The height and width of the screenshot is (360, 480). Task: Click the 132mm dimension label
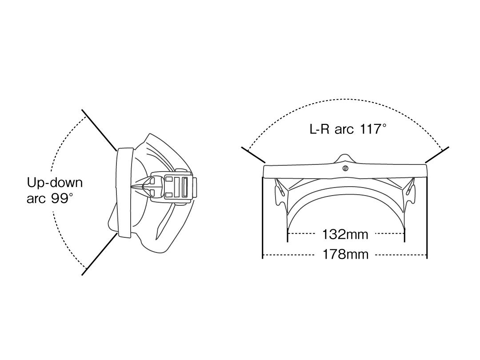coord(345,234)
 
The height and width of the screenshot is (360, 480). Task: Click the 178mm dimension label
coord(345,255)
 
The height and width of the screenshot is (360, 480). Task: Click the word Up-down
coord(55,183)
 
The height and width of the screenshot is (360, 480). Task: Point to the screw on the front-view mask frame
coord(345,168)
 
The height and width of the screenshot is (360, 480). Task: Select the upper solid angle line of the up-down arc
coord(99,129)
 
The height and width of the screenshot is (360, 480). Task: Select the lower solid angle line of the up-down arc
coord(100,253)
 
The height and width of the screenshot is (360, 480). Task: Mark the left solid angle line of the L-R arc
coord(253,155)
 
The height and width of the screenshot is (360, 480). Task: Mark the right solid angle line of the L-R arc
coord(437,155)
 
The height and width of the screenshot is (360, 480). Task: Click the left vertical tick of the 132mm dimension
coord(288,235)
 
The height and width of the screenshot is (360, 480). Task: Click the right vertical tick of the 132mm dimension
coord(404,235)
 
